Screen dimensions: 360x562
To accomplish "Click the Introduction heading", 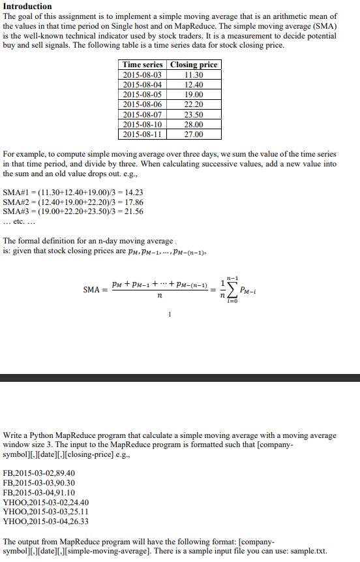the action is (27, 7).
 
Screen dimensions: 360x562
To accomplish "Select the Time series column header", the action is (143, 65).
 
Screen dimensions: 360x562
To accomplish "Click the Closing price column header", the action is (194, 65).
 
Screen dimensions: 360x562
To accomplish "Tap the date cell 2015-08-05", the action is (143, 94).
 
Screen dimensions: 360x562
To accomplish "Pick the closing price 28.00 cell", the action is (194, 124).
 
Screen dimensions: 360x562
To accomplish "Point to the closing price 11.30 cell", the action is (194, 74).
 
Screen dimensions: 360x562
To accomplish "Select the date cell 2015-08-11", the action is (143, 134).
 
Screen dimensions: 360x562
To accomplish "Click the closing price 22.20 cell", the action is (194, 104).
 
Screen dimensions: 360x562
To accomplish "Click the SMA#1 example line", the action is (73, 193).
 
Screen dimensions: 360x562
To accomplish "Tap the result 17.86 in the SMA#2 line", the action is (134, 202).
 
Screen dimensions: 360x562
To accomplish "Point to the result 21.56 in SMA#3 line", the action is (134, 211).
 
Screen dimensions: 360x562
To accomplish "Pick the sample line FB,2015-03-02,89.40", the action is (39, 473).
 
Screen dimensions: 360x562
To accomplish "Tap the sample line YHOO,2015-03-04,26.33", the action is (46, 522).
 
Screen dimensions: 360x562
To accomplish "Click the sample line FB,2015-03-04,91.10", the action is (39, 492).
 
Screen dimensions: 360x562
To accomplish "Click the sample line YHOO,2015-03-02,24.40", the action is (46, 502).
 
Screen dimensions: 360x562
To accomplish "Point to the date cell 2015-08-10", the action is (143, 124).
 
